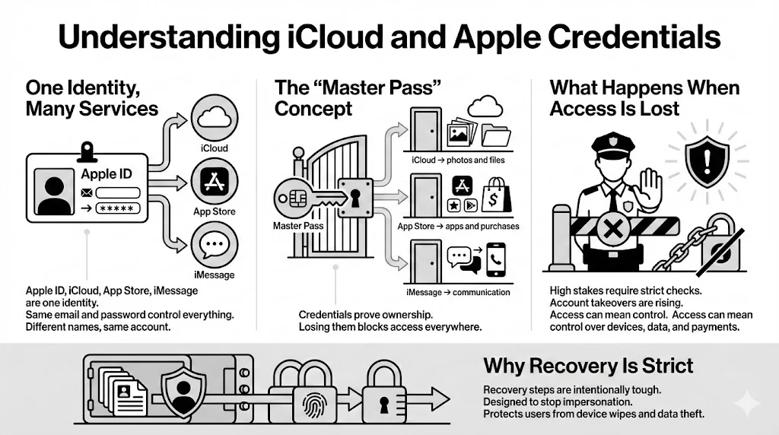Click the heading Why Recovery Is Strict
click(588, 366)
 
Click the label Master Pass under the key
click(298, 226)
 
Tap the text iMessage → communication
click(458, 292)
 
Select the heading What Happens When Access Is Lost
click(644, 97)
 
